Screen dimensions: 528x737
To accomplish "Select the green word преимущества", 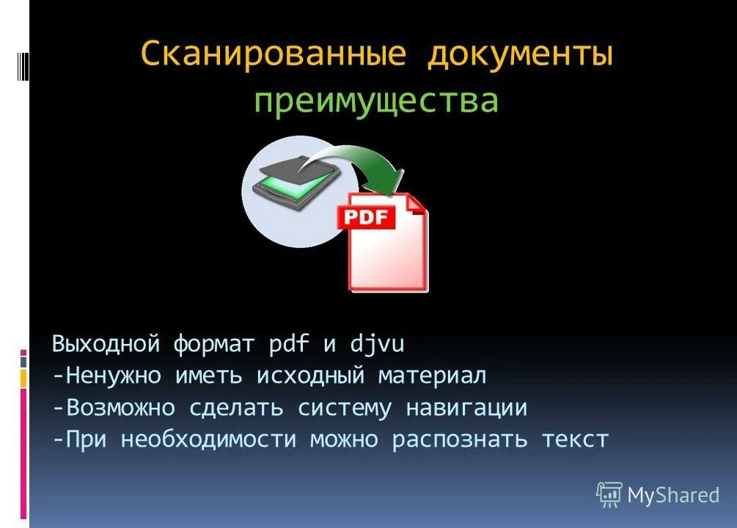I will [376, 101].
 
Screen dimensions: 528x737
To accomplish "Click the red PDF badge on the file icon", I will [366, 216].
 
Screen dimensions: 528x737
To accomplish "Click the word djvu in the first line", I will [376, 343].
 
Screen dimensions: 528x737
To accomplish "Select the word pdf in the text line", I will [290, 343].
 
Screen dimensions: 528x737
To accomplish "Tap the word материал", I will [432, 375].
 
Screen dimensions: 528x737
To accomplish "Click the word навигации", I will [466, 408].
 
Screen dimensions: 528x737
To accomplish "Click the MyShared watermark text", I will [672, 495].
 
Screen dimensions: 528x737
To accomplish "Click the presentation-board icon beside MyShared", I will [609, 495].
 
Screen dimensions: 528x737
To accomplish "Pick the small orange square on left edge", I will [23, 378].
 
